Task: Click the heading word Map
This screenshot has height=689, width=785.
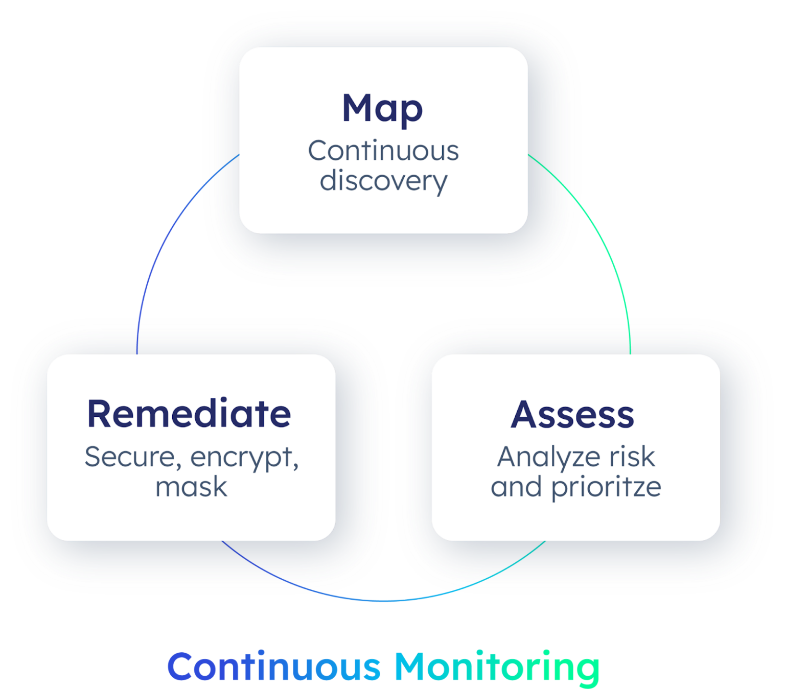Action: pos(382,108)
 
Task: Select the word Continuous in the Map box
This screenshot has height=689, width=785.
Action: pos(383,151)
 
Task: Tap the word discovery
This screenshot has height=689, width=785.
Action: pos(383,181)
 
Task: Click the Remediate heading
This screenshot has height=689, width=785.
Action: pos(189,414)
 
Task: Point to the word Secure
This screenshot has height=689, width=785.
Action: pos(131,457)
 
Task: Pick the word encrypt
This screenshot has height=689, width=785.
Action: pos(240,458)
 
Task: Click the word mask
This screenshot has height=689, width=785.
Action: pos(191,487)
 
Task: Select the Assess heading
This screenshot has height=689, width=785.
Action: pos(572,414)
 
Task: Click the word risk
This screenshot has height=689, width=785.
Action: pos(632,457)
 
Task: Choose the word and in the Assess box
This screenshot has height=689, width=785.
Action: pos(516,487)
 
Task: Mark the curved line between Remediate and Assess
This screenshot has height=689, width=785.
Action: pos(383,601)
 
